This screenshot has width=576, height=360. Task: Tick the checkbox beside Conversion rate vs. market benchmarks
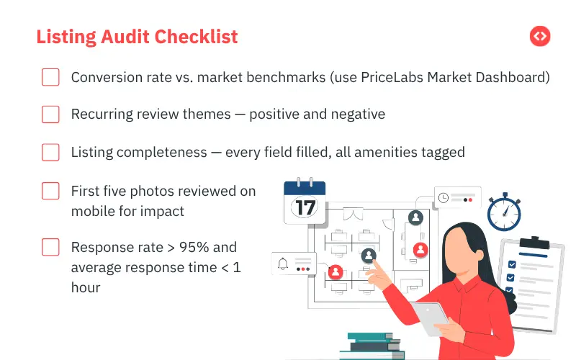(x=50, y=77)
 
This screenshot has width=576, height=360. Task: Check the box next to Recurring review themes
(x=50, y=114)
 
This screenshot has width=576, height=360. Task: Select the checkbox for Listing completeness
(x=50, y=152)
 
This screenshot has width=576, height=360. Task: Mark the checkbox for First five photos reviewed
(x=50, y=191)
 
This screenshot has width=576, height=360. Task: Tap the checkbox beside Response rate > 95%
(x=50, y=247)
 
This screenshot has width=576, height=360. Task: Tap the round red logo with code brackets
(x=539, y=36)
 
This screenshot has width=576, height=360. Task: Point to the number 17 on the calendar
(x=305, y=207)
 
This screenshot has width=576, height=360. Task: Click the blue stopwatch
(x=503, y=212)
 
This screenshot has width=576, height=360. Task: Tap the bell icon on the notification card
(x=283, y=264)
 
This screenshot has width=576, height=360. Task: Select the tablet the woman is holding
(x=430, y=318)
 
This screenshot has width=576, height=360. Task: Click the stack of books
(x=370, y=346)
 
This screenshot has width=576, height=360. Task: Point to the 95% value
(x=197, y=247)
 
